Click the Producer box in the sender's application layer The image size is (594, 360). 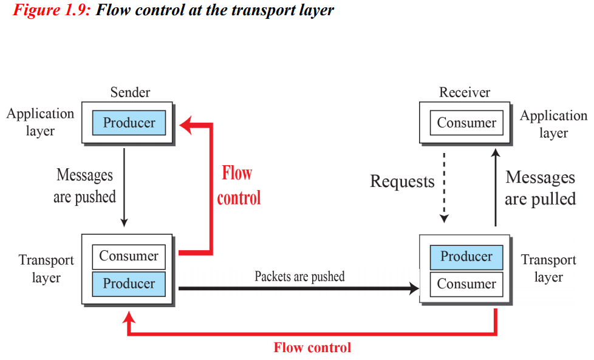(129, 123)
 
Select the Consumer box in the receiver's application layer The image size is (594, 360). (466, 123)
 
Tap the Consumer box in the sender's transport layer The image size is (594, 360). (129, 256)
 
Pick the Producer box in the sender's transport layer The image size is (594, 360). (129, 284)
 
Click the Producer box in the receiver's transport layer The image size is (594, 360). (466, 257)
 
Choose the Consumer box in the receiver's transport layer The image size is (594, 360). (466, 284)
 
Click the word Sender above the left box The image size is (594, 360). (130, 92)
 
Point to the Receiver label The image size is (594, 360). (465, 92)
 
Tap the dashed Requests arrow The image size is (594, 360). (444, 188)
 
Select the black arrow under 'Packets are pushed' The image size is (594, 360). (298, 288)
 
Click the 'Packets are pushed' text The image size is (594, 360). (299, 276)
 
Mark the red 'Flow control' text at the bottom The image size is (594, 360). (312, 347)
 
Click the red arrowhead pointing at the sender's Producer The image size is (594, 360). (186, 125)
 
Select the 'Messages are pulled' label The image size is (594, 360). (540, 188)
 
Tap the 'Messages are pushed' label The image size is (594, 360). (84, 186)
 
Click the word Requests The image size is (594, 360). (402, 182)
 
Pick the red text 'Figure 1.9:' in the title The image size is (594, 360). (52, 10)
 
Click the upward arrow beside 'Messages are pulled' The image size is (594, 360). (496, 188)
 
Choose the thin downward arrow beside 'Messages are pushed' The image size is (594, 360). (124, 188)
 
